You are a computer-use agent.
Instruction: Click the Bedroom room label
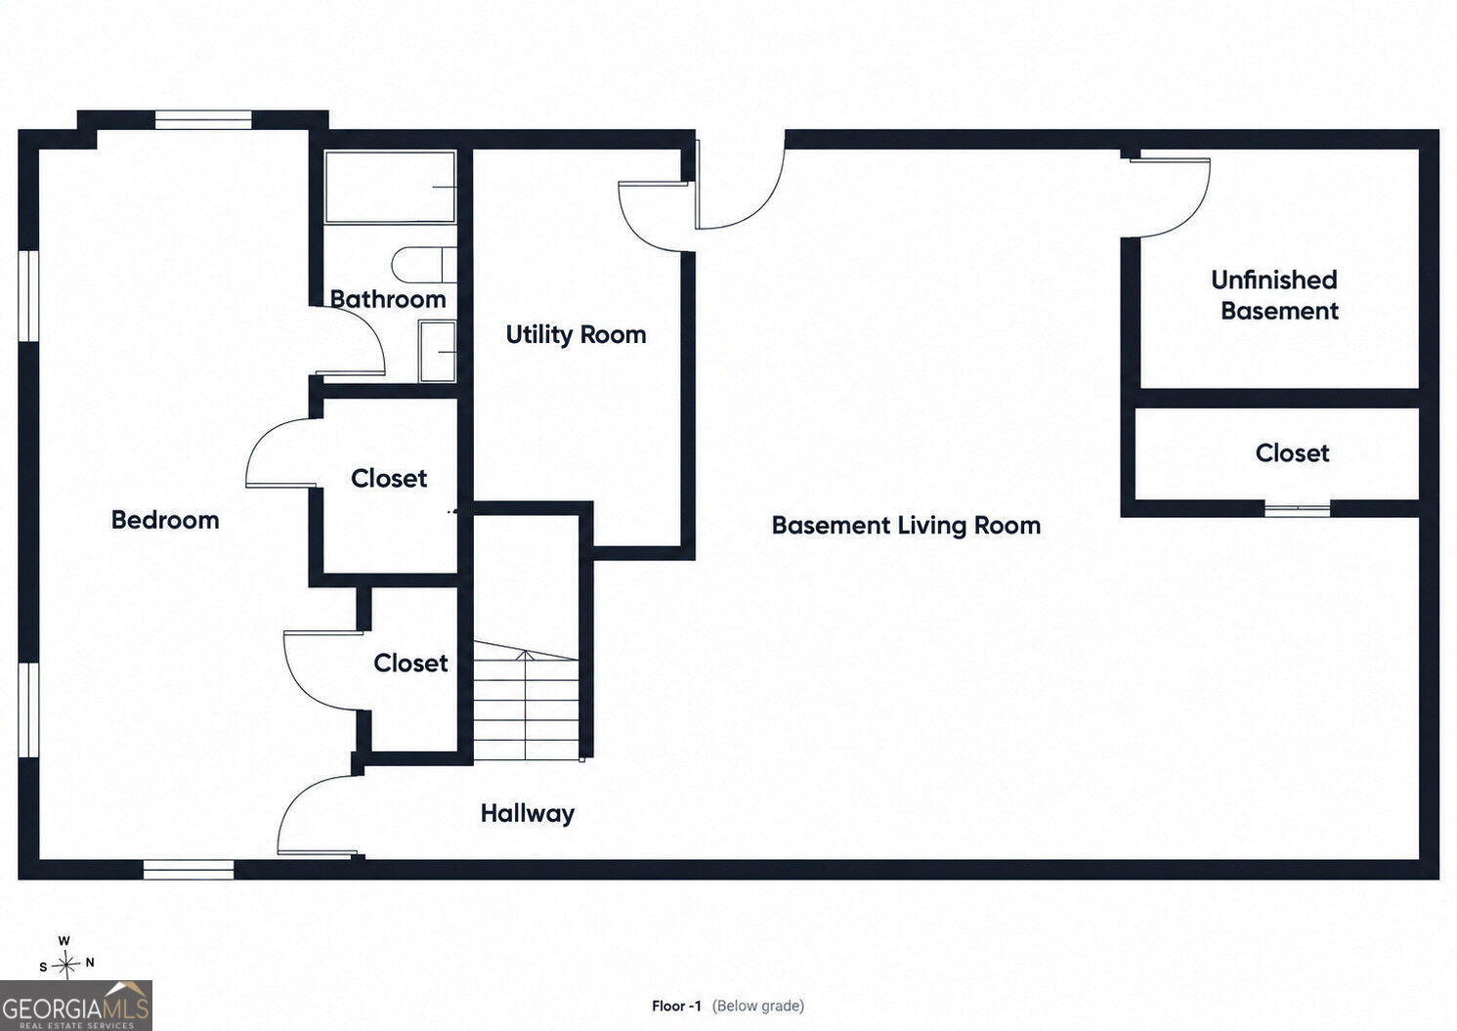[x=165, y=520]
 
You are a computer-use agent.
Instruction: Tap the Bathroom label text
[x=388, y=299]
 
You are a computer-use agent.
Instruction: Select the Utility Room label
[x=576, y=335]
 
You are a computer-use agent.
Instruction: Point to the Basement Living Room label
[x=906, y=526]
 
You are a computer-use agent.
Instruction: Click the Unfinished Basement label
[x=1275, y=295]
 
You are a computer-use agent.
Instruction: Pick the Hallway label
[x=528, y=814]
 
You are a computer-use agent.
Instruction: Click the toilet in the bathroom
[x=424, y=265]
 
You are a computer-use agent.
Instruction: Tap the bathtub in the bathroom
[x=390, y=188]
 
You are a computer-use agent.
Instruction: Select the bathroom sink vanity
[x=437, y=351]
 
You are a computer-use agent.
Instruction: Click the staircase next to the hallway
[x=526, y=701]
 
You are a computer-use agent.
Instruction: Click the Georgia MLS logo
[x=76, y=1006]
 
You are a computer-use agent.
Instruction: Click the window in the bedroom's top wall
[x=203, y=120]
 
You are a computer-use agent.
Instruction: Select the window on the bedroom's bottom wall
[x=189, y=870]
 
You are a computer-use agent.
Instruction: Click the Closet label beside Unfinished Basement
[x=1292, y=453]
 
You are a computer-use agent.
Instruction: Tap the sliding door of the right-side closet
[x=1297, y=511]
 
